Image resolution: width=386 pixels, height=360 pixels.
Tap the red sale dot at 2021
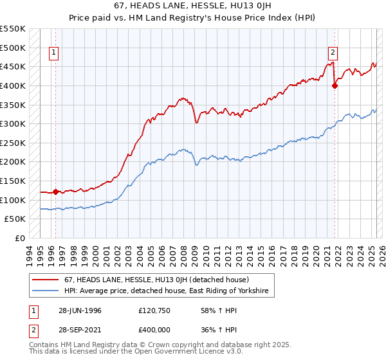tap(335, 85)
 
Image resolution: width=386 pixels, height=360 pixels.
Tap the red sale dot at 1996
tap(55, 192)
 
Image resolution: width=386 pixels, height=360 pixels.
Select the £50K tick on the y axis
tap(15, 219)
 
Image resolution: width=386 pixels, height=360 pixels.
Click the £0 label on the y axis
tap(21, 239)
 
